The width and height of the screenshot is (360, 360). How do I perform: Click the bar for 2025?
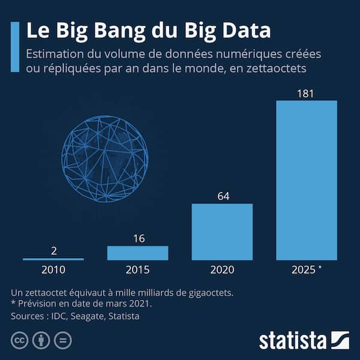[x=306, y=180]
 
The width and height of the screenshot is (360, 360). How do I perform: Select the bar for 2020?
[x=222, y=232]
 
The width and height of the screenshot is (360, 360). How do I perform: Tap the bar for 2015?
[x=137, y=253]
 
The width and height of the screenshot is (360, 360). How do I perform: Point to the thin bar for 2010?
[x=53, y=259]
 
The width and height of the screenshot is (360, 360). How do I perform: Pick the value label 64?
[x=222, y=196]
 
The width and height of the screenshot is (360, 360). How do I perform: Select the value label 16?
[x=138, y=238]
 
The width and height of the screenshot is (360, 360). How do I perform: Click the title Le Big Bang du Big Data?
[x=148, y=31]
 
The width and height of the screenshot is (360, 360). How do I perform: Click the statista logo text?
[x=292, y=340]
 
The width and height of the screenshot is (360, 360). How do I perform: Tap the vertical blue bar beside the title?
[x=16, y=47]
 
